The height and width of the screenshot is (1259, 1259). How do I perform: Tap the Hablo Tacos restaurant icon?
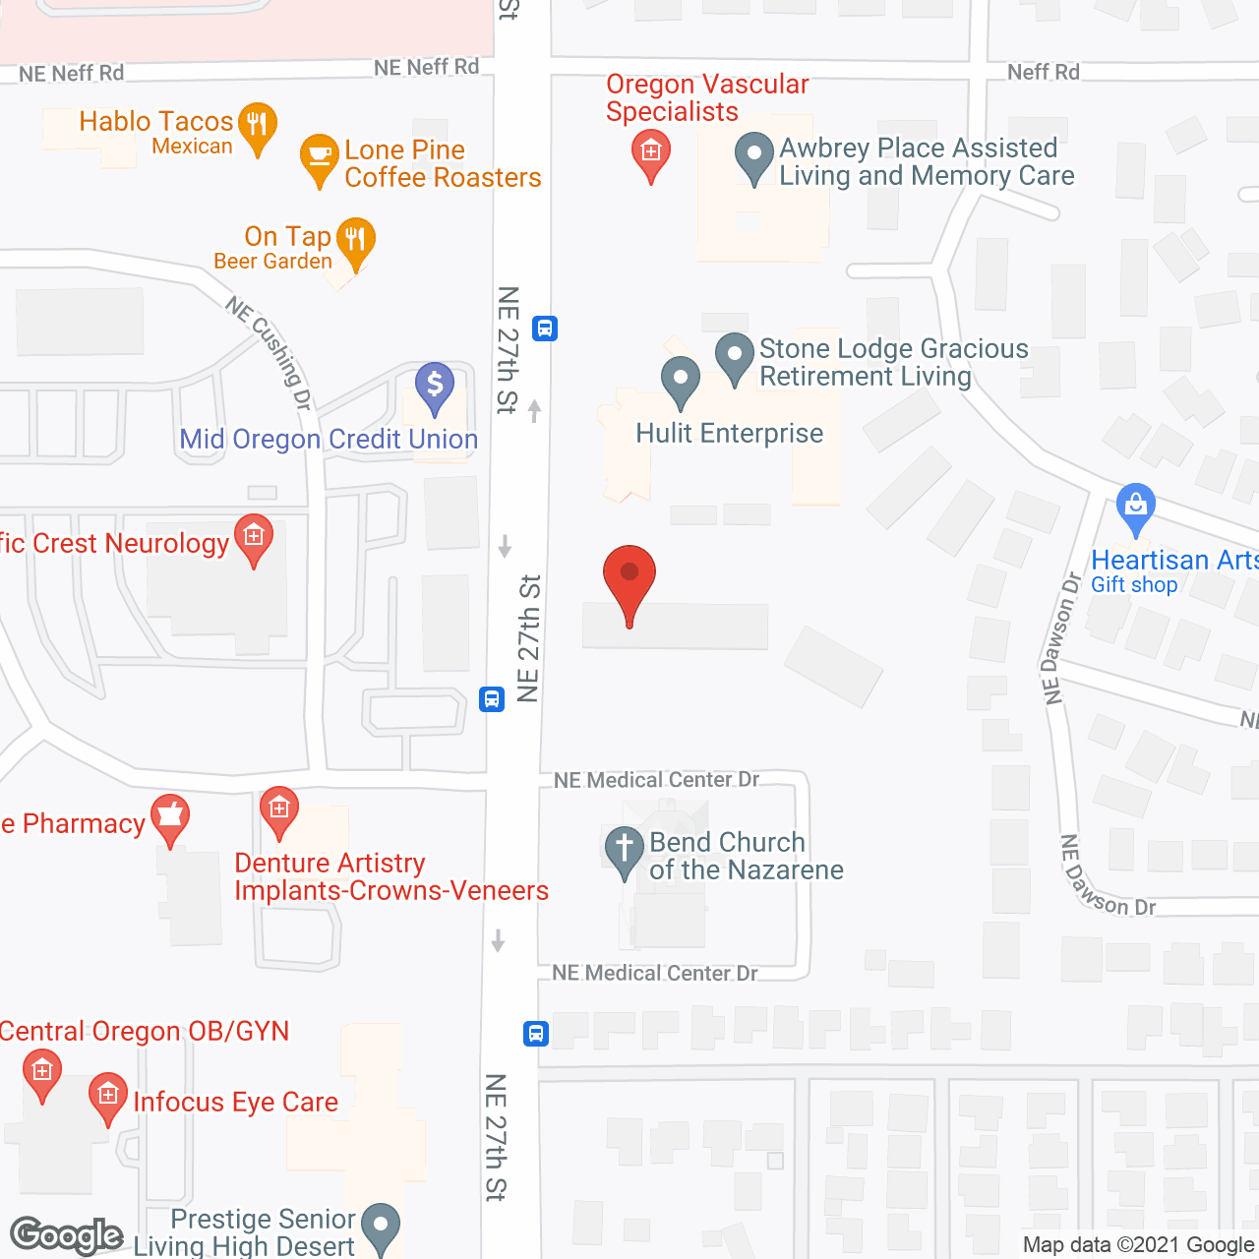point(258,126)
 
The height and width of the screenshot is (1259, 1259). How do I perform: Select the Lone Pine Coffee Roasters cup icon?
point(319,157)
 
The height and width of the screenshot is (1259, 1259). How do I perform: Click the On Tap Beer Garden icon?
point(355,241)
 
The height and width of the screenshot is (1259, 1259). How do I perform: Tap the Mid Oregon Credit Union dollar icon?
point(434,385)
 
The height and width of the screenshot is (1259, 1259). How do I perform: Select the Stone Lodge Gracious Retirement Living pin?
point(734,356)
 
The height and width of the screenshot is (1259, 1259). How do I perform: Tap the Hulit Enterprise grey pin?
point(680,381)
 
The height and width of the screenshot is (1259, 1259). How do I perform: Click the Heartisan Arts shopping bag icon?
point(1136,507)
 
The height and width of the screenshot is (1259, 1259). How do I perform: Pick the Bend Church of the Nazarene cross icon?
point(624,850)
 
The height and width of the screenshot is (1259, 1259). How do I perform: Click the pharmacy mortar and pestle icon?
point(170,817)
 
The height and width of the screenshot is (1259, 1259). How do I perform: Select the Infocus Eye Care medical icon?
point(107,1096)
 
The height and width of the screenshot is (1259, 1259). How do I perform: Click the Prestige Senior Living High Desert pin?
point(381,1227)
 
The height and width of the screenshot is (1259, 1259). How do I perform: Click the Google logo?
point(66,1235)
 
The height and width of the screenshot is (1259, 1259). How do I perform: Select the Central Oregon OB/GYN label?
point(145,1031)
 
